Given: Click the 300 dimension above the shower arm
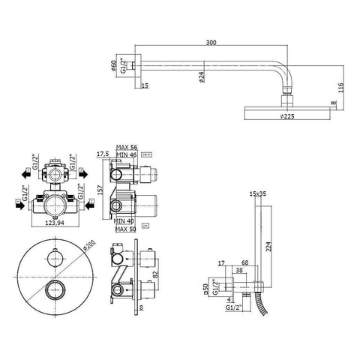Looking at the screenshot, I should pos(215,44).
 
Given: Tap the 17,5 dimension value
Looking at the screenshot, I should pos(104,154).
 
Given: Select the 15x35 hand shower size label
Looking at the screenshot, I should pos(258,193).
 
